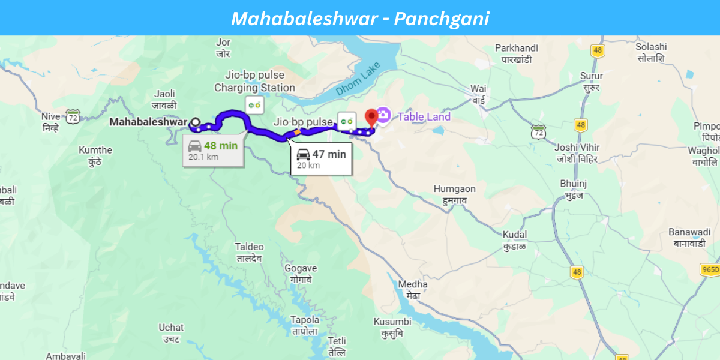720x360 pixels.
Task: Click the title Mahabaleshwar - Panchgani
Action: [360, 19]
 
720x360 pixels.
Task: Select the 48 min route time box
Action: [213, 151]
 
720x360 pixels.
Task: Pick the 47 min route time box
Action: [321, 159]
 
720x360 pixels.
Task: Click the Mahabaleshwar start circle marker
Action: [196, 122]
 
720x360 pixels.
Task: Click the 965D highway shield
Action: [710, 269]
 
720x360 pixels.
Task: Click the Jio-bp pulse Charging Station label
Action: [254, 82]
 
